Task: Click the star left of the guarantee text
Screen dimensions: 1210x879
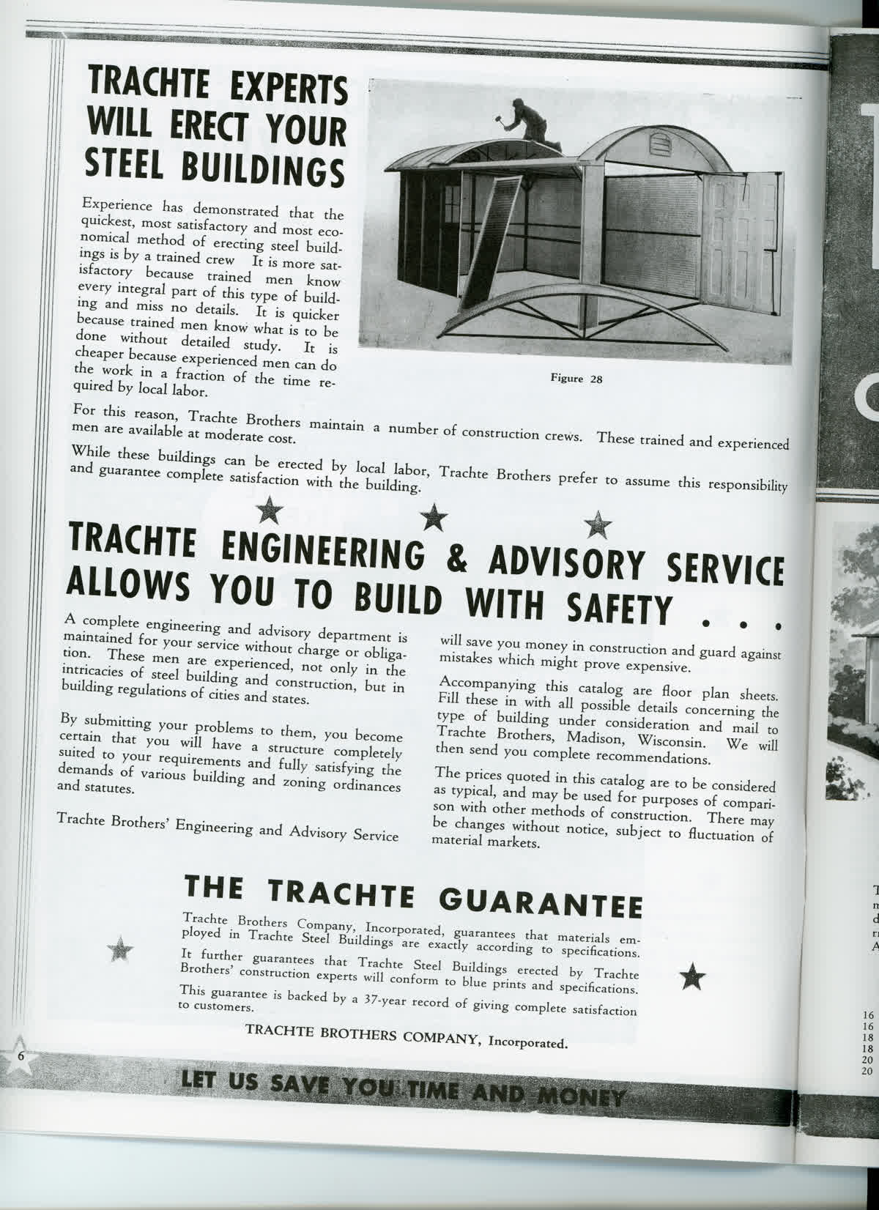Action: tap(120, 949)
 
